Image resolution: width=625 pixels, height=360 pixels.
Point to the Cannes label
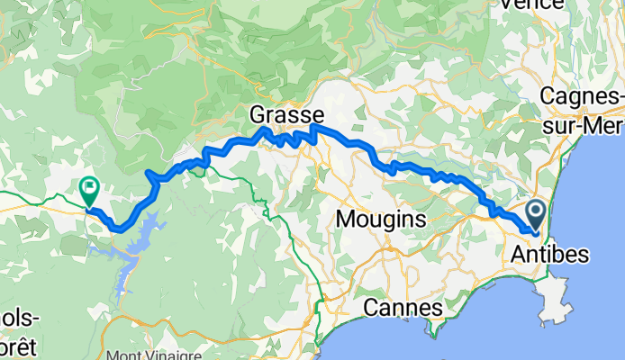point(403,309)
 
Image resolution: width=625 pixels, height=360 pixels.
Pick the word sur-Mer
point(585,125)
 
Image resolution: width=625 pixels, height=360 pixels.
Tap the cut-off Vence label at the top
point(537,4)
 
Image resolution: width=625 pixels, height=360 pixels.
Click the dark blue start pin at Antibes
point(536,214)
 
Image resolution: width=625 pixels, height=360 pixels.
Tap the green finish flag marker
point(89,190)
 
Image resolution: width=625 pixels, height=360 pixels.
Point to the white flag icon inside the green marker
point(89,188)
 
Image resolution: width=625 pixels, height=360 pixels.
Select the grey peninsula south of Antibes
point(553,292)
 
